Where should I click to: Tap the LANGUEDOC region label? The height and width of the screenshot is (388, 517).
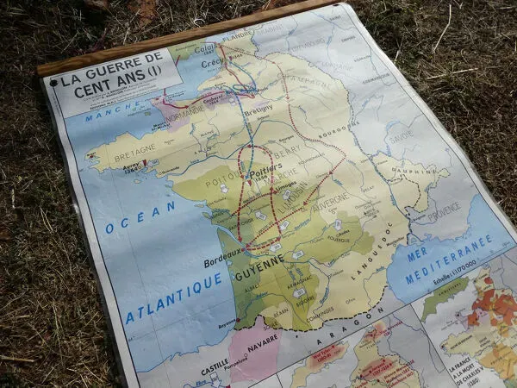(x=372, y=251)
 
